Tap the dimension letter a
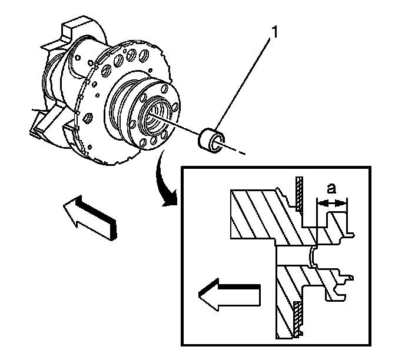(x=331, y=188)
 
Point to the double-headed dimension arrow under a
(x=332, y=203)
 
